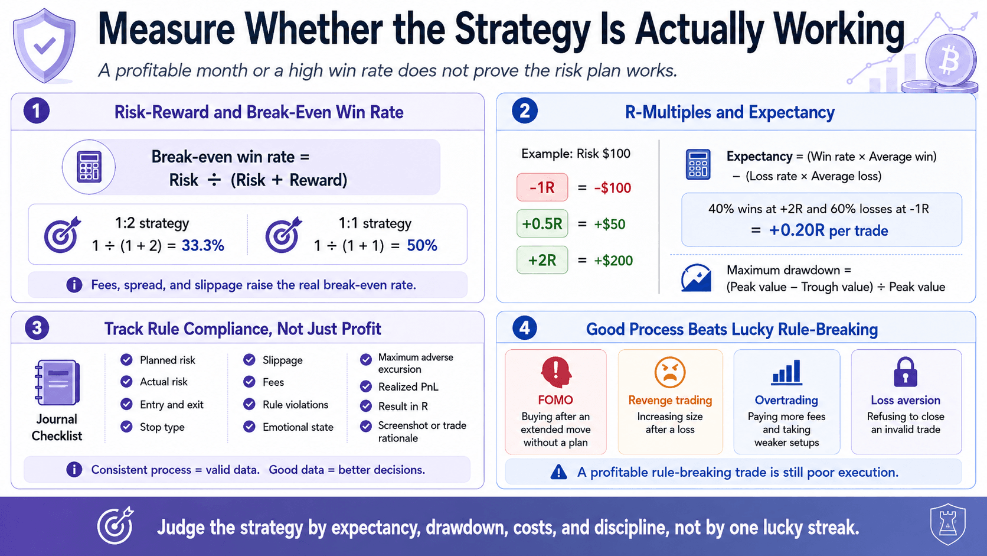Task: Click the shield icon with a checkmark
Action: tap(44, 45)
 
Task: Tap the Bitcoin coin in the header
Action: tap(950, 60)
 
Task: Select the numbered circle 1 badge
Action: tap(37, 110)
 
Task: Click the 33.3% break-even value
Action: tap(202, 246)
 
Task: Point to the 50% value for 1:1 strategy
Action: tap(421, 246)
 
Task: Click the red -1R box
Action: tap(542, 187)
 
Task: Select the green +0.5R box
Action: tap(542, 224)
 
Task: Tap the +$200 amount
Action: tap(613, 261)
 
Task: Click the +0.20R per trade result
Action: tap(828, 230)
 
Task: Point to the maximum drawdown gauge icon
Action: tap(696, 278)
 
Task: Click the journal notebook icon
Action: tap(57, 382)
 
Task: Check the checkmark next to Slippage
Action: tap(249, 360)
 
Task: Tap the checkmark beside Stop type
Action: tap(126, 427)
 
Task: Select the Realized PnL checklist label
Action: tap(408, 386)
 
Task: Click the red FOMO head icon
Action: tap(556, 372)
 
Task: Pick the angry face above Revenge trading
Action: tap(670, 372)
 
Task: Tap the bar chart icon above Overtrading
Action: tap(786, 372)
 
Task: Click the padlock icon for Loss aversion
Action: tap(906, 372)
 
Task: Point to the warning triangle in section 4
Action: tap(558, 472)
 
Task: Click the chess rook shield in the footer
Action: tap(947, 525)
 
